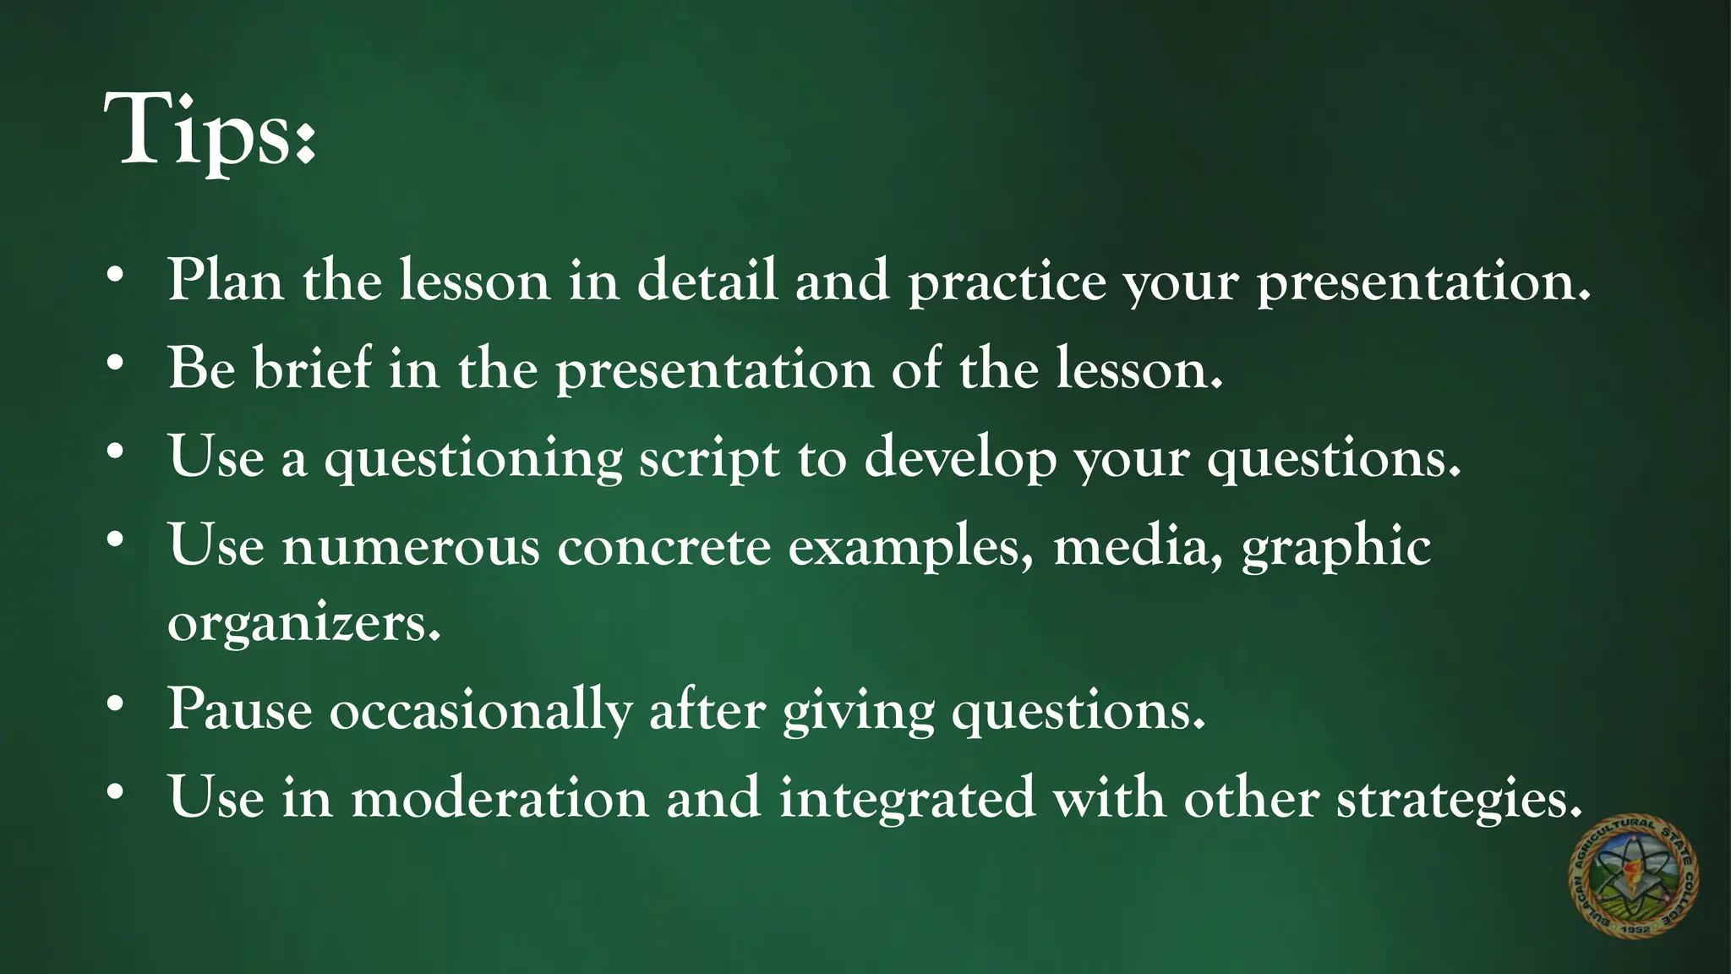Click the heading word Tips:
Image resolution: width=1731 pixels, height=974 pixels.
coord(210,131)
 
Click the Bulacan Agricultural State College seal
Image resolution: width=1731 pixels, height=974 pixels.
coord(1633,876)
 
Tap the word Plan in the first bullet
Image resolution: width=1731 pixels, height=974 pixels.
coord(225,280)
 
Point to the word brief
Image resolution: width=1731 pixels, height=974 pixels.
coord(312,369)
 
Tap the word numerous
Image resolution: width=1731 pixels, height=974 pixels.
coord(411,546)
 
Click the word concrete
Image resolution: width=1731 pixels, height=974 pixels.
coord(663,546)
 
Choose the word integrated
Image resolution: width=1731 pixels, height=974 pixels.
coord(907,799)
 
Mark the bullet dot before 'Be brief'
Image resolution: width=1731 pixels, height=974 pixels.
coord(116,364)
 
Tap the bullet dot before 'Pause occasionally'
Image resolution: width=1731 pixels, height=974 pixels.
coord(116,703)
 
